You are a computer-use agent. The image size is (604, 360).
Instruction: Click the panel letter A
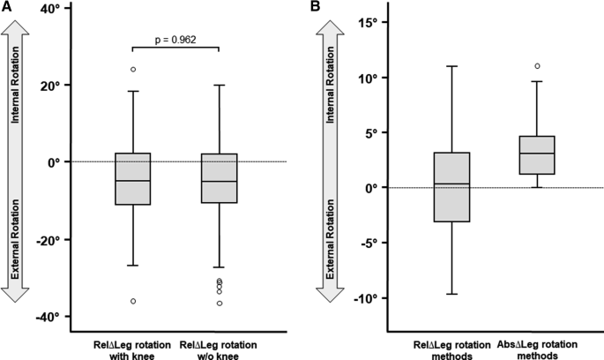(x=6, y=8)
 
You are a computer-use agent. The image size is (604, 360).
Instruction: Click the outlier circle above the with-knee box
(x=133, y=69)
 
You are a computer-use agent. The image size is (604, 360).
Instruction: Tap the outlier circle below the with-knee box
(x=133, y=301)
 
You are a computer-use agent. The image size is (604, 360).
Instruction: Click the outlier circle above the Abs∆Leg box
(x=537, y=66)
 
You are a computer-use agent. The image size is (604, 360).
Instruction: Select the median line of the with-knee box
(x=133, y=181)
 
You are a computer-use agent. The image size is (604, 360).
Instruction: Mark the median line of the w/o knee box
(x=220, y=181)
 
